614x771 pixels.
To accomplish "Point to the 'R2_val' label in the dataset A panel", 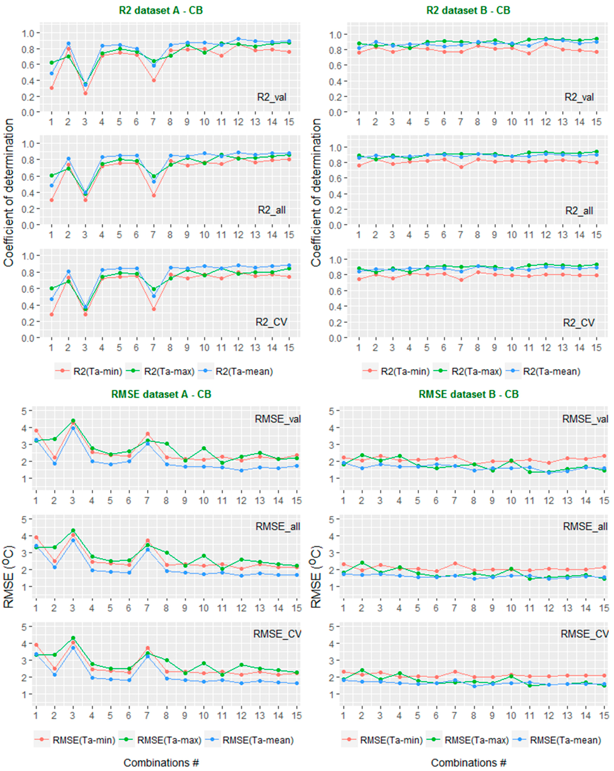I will (x=271, y=97).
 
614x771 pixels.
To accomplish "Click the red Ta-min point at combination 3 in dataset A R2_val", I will (x=85, y=93).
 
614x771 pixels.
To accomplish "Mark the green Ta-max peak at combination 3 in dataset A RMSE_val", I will (x=73, y=421).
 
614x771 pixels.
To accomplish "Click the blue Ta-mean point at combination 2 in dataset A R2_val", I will (x=68, y=44).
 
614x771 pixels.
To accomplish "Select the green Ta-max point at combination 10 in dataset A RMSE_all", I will (x=204, y=556).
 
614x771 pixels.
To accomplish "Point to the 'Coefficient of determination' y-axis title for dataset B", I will (x=316, y=193).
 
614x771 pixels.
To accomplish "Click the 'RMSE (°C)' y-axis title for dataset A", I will (x=9, y=577).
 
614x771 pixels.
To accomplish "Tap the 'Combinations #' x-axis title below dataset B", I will (x=469, y=763).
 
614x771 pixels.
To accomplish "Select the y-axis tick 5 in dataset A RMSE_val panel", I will (x=24, y=411).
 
